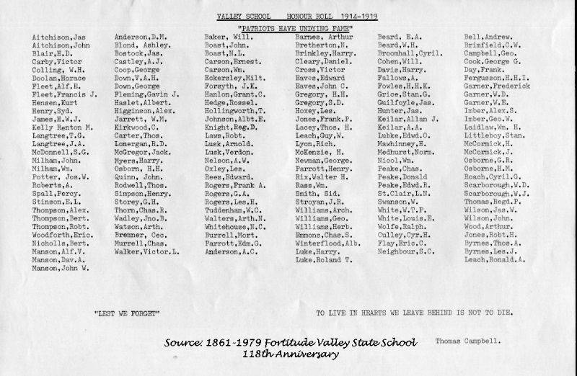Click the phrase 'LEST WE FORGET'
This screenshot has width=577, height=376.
[126, 313]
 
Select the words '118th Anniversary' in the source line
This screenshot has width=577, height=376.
[290, 354]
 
